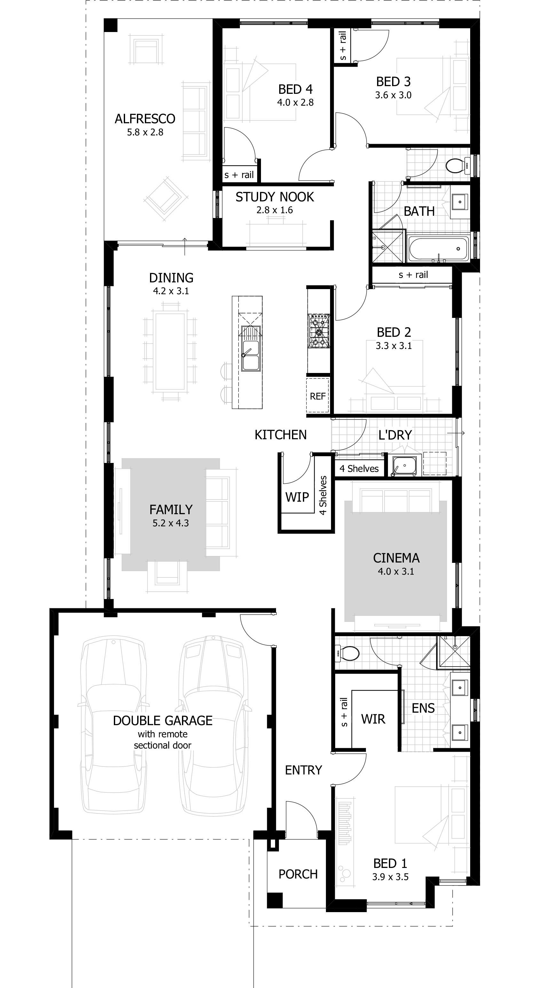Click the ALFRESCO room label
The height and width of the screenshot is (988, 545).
pos(145,119)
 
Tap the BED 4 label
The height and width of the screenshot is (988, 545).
pos(295,89)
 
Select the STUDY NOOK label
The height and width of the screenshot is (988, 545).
pos(274,197)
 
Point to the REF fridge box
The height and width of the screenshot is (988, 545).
pos(318,395)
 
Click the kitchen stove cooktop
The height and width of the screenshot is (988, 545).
pos(319,331)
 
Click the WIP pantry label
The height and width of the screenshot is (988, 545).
pos(297,497)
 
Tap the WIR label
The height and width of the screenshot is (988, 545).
pos(373,718)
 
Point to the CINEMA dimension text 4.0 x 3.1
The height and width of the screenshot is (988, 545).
pos(396,571)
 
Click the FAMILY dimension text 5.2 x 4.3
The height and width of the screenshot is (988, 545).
pos(170,523)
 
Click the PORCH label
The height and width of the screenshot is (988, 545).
pos(298,874)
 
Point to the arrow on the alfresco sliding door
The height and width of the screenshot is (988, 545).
pos(185,246)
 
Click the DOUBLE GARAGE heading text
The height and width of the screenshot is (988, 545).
pos(162,721)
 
